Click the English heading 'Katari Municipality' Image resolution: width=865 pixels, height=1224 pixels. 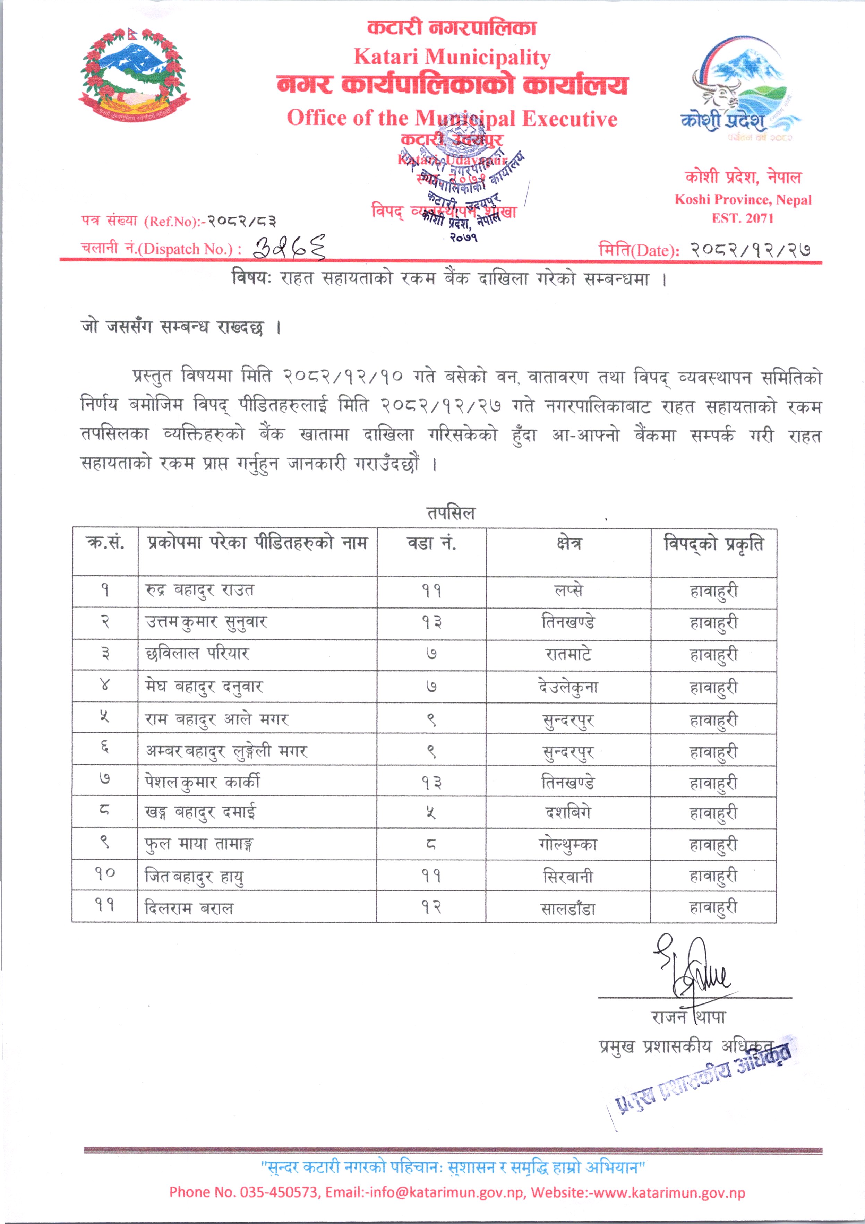click(x=452, y=57)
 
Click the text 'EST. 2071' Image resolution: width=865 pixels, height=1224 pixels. click(x=742, y=218)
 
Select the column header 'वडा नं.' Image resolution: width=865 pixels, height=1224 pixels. click(x=431, y=543)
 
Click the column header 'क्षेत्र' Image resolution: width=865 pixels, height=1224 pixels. click(x=568, y=543)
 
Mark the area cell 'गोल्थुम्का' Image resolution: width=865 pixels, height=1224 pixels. click(x=568, y=844)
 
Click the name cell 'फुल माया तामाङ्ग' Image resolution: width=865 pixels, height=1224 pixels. click(x=199, y=844)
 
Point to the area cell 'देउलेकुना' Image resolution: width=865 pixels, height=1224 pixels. click(x=568, y=687)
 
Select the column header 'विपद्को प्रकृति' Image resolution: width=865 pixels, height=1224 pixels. click(x=713, y=544)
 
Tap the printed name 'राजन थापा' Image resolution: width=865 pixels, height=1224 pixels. click(x=688, y=1017)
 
